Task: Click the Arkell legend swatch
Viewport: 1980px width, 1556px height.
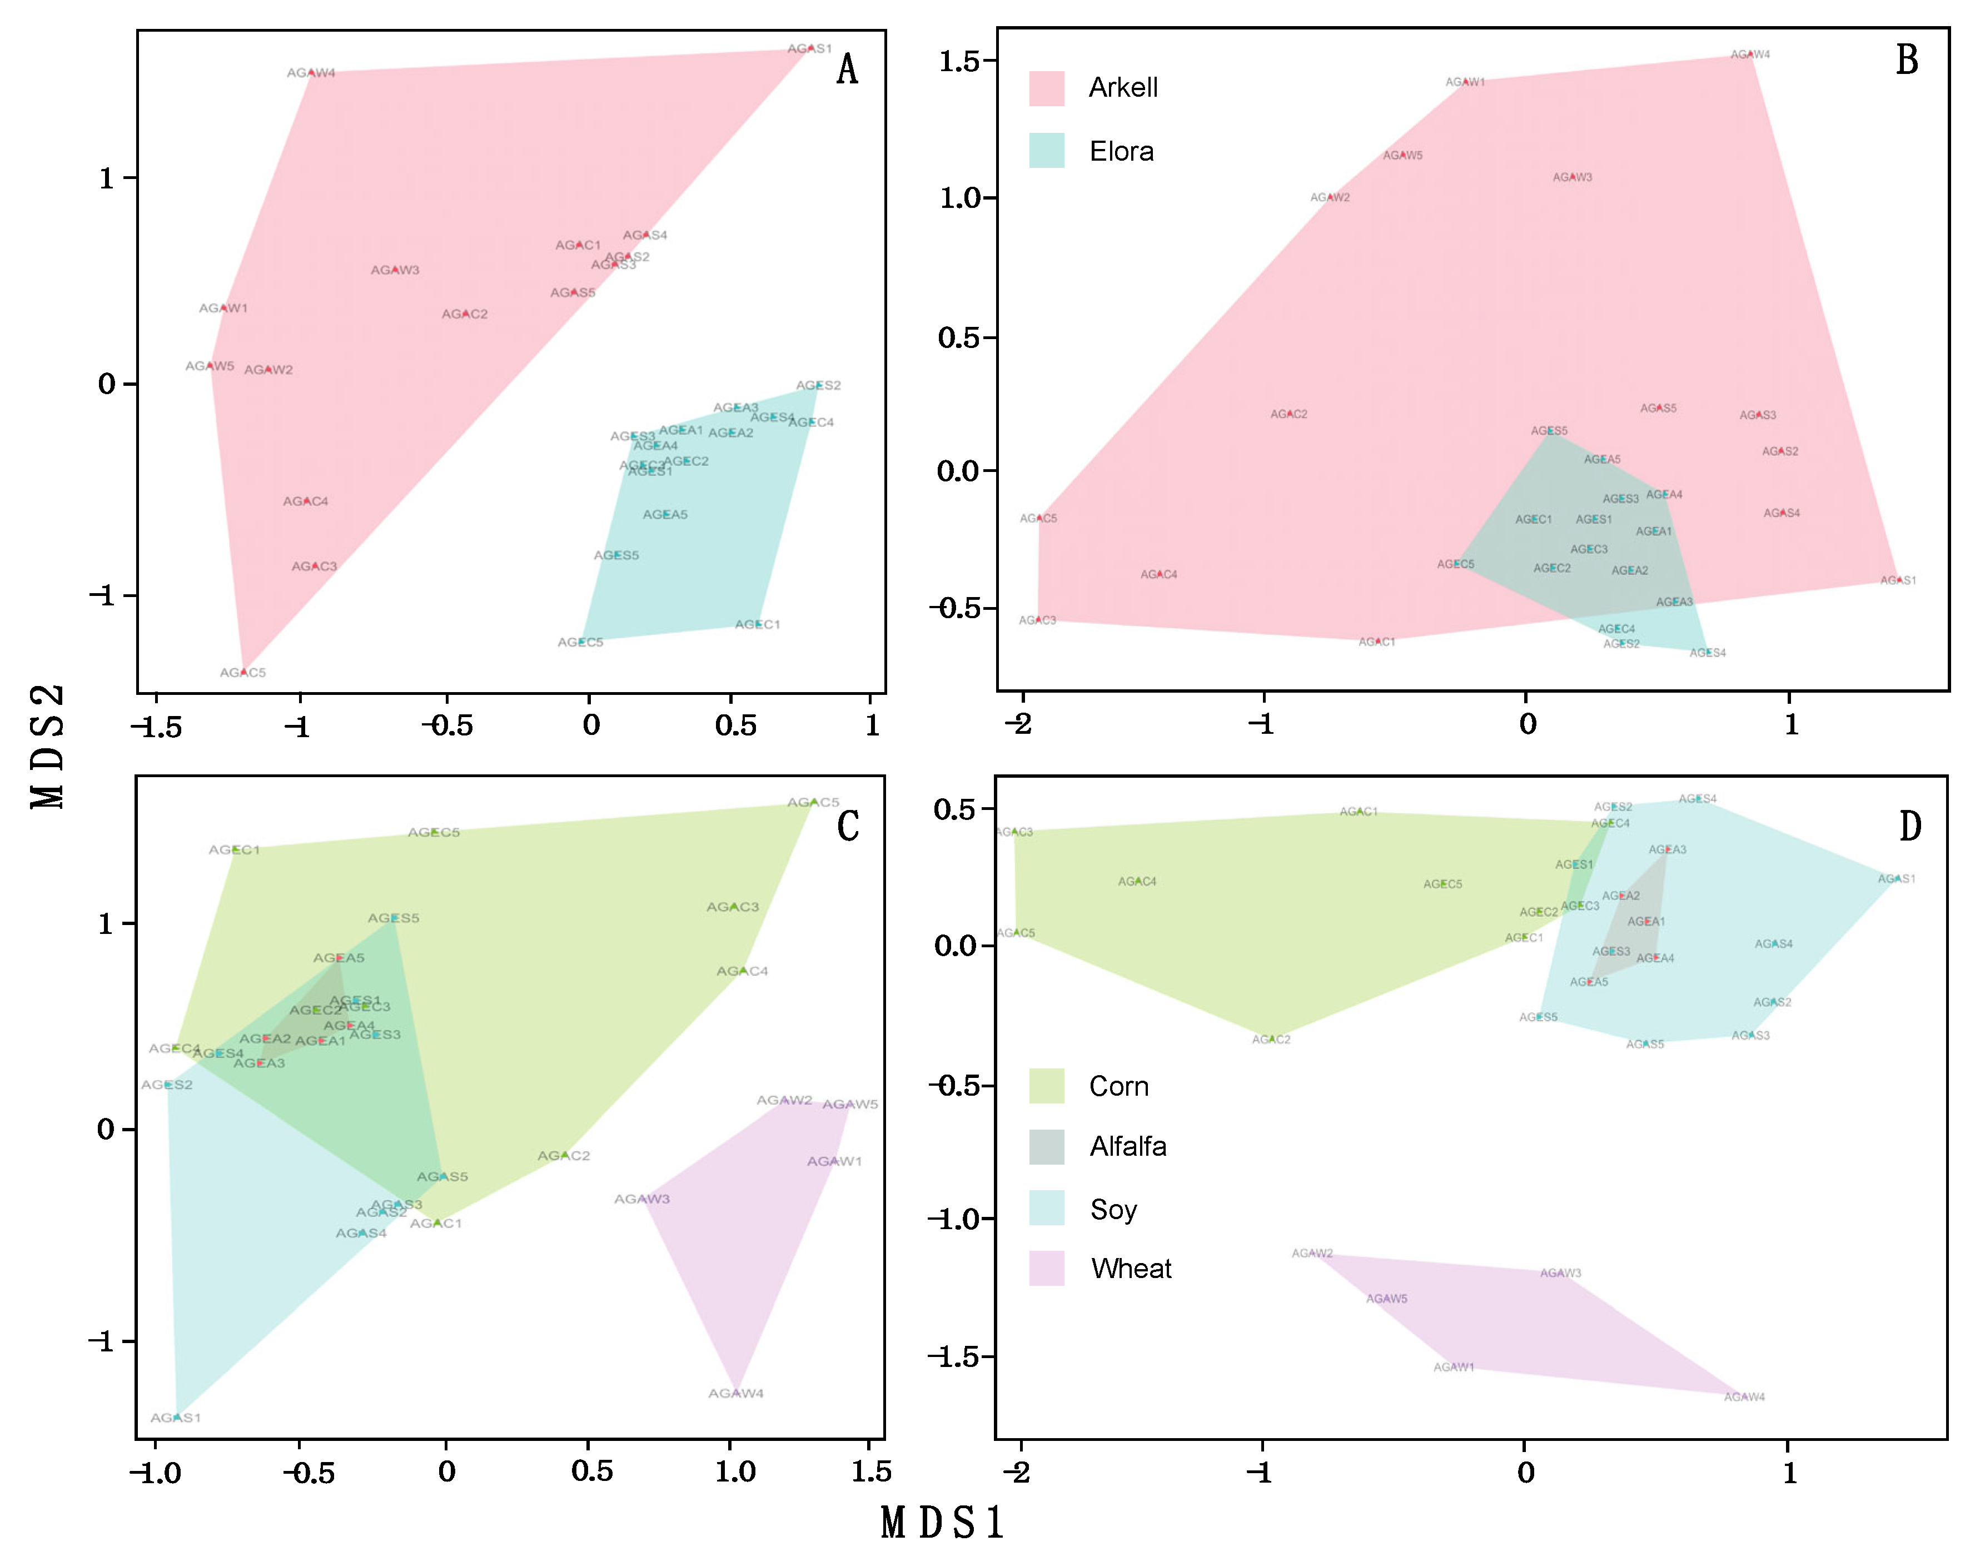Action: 1047,88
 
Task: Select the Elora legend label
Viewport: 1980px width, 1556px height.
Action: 1121,151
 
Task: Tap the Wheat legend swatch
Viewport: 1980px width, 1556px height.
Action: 1047,1268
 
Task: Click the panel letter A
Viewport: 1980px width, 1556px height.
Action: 847,69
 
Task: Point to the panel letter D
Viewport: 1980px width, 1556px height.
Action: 1910,826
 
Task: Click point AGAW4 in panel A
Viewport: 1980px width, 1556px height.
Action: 311,72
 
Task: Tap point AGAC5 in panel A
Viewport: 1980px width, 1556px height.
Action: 243,672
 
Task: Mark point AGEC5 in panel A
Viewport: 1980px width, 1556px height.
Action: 581,642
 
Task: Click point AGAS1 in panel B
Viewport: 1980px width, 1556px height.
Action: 1899,579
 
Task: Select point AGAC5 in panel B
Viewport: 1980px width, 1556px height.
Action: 1039,518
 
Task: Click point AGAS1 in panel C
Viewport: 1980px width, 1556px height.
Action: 176,1416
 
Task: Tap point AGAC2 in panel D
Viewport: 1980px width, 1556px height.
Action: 1271,1038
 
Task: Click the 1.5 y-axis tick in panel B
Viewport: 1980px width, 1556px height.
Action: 958,61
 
